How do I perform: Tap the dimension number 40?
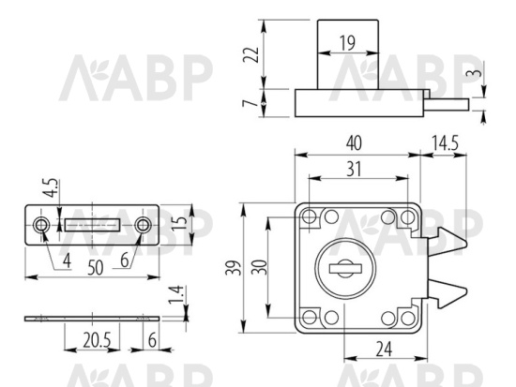(353, 142)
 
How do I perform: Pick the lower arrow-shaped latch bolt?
(448, 295)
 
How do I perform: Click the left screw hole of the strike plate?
(42, 226)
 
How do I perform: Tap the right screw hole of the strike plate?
(142, 226)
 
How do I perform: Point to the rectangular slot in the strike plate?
(92, 226)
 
